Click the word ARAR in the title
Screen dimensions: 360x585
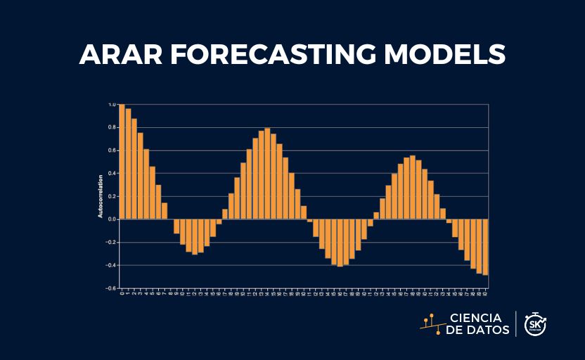click(121, 54)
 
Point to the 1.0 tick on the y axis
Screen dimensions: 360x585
click(112, 105)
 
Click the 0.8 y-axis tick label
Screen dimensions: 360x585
click(112, 127)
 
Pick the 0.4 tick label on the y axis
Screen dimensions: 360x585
click(112, 173)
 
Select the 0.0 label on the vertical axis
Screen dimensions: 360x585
click(112, 219)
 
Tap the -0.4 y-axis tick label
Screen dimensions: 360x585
click(111, 265)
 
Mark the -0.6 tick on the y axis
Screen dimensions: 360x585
click(111, 288)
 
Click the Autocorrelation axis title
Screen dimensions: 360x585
click(101, 196)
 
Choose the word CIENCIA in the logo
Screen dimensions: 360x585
click(475, 318)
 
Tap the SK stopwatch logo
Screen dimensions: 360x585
click(535, 324)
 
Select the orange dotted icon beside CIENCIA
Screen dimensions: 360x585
click(431, 323)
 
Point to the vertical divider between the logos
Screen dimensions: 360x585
click(517, 324)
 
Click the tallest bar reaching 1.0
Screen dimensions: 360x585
click(122, 162)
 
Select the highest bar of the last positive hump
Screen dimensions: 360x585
click(413, 187)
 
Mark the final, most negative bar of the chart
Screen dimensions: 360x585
click(485, 247)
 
